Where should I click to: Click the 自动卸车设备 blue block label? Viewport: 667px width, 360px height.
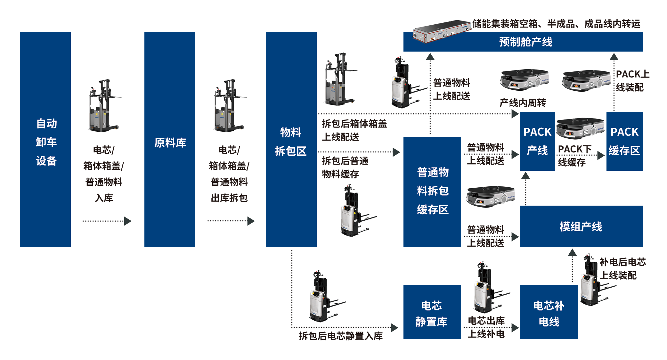pos(46,142)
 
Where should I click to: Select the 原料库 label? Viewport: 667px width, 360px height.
pos(170,143)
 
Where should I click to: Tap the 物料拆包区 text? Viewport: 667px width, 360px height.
pos(290,142)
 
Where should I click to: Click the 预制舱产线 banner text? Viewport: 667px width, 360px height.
pos(525,42)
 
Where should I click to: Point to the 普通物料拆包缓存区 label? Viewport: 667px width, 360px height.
pos(433,191)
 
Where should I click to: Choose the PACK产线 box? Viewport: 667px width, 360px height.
pos(537,141)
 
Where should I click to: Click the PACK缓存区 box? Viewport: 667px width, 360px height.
pos(624,141)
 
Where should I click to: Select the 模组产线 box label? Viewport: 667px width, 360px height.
pos(581,227)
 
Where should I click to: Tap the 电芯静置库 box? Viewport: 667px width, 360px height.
pos(431,313)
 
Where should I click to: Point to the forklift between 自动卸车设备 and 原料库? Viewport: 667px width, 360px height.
pos(104,106)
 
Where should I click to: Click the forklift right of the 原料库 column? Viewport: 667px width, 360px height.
pos(229,106)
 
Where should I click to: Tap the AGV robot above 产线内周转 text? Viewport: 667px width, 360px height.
pos(524,80)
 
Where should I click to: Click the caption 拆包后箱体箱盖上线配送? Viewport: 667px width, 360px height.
pos(354,130)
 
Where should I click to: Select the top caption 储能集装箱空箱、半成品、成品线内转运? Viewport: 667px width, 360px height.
pos(556,24)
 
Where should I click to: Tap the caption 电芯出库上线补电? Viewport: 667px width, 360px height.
pos(486,327)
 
